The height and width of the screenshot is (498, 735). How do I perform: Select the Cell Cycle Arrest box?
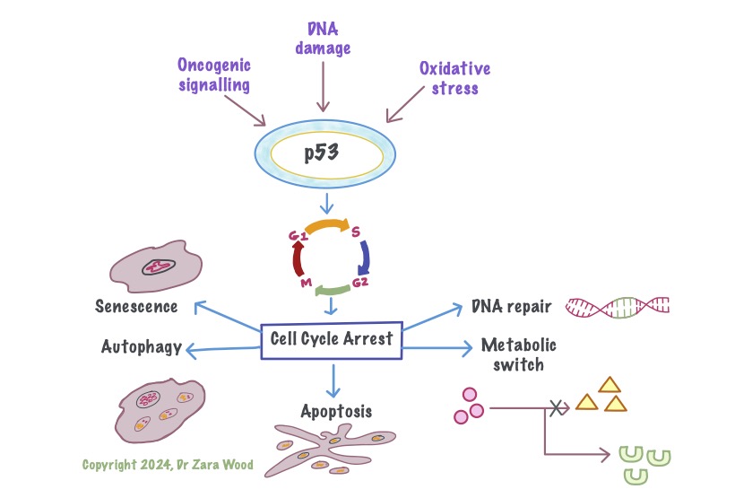333,339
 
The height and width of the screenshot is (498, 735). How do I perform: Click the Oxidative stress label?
454,78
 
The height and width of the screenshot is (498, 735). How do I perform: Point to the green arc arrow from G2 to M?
333,290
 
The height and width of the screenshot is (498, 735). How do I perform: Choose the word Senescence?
136,307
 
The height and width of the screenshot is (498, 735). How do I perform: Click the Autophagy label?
143,346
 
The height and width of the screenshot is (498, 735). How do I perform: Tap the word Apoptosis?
335,413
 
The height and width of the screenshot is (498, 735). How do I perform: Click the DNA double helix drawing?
618,308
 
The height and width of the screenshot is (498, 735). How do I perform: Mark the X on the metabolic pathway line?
557,408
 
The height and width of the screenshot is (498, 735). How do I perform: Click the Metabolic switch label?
519,354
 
